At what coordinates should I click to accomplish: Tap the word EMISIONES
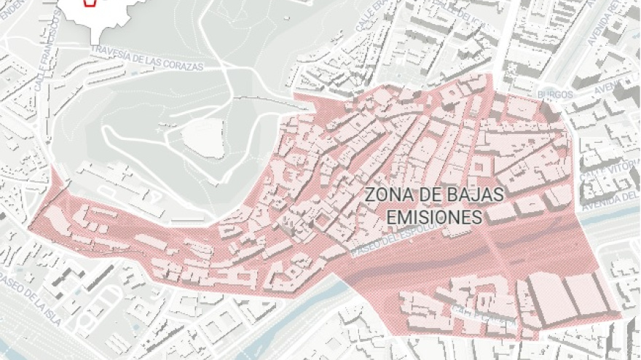434,217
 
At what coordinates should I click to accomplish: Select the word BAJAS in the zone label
480,196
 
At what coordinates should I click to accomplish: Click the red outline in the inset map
90,3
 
